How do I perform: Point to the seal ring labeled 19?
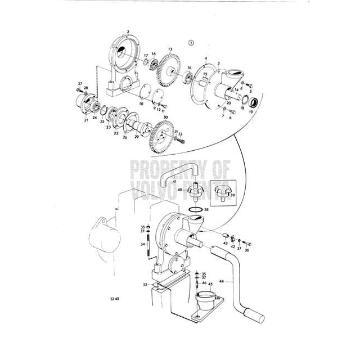[x=254, y=103]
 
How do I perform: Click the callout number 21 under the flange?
[x=86, y=120]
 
